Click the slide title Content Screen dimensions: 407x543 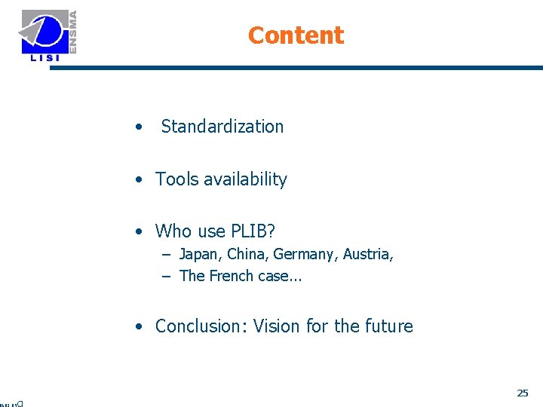(x=295, y=35)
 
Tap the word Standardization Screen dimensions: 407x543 (x=222, y=127)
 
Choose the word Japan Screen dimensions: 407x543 (x=198, y=254)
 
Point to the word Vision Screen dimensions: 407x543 (x=276, y=326)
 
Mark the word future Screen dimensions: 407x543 (x=389, y=326)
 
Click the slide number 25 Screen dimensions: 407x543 (x=523, y=393)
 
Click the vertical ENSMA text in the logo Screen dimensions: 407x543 (x=73, y=31)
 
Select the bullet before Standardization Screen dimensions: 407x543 (x=139, y=127)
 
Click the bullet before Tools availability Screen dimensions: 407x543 (x=140, y=180)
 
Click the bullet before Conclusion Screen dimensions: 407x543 (x=140, y=327)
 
